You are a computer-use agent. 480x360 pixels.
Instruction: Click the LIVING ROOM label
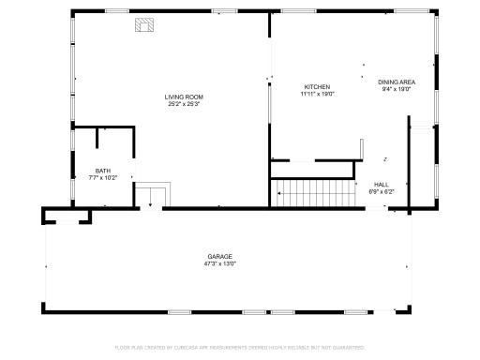pos(184,97)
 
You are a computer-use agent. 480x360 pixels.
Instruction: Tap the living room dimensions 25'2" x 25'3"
pos(184,103)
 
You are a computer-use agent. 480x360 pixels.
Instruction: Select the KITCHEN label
pos(316,87)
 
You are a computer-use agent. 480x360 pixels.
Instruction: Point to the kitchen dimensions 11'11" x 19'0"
pos(317,94)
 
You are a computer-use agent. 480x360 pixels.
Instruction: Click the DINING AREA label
pos(397,82)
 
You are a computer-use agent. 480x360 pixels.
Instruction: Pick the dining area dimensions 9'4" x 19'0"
pos(397,90)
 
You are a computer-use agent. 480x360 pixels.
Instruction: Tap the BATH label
pos(102,170)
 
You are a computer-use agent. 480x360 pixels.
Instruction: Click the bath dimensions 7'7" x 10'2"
pos(102,176)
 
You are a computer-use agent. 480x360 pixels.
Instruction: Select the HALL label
pos(382,185)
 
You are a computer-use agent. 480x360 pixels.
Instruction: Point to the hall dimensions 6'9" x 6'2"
pos(382,191)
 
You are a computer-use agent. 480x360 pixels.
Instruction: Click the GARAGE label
pos(220,256)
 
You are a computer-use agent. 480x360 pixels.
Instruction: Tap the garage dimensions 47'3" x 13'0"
pos(220,263)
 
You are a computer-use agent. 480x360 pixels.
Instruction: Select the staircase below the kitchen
pos(315,196)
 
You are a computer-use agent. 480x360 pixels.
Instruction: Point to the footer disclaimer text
pos(240,347)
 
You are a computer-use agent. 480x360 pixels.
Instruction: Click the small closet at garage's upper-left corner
pos(67,217)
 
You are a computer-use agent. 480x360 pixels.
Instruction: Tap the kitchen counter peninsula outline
pos(360,152)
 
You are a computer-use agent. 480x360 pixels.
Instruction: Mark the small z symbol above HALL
pos(384,158)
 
